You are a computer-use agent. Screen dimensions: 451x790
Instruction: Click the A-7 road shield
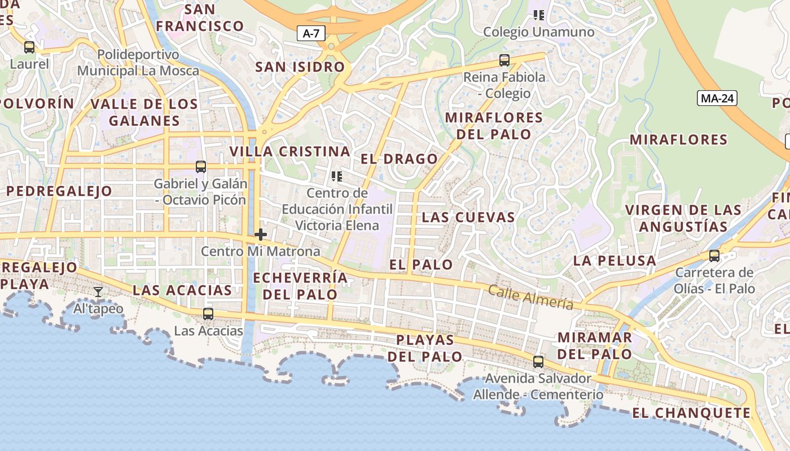point(311,33)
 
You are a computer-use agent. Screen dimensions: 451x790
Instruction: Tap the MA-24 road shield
point(717,98)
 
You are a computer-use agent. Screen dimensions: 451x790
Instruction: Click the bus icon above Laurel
point(29,47)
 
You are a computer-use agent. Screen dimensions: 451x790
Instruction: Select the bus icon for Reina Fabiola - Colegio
point(504,60)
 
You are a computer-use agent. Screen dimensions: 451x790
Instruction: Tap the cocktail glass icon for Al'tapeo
point(98,291)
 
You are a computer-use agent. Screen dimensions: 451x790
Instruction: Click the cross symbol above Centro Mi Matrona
point(261,235)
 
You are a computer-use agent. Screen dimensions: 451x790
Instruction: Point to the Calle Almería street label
point(530,297)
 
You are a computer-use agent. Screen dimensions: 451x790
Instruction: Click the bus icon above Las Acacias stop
point(208,314)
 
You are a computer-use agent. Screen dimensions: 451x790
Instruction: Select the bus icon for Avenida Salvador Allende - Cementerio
point(538,361)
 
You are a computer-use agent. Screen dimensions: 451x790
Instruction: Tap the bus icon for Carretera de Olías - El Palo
point(714,256)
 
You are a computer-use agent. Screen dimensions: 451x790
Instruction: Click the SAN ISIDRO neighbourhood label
point(300,67)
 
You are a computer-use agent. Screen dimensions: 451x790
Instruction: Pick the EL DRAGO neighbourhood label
point(399,159)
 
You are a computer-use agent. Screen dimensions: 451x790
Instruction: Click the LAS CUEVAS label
point(468,217)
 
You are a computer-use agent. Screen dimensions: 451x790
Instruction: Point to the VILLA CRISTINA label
point(290,152)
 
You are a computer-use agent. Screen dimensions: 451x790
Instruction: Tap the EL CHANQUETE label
point(691,413)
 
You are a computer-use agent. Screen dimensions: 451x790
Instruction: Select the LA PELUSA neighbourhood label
point(615,261)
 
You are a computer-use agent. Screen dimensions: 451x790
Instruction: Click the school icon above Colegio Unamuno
point(538,15)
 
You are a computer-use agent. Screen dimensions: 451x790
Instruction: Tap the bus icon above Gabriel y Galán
point(201,166)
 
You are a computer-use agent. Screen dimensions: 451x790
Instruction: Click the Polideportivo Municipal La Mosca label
point(138,63)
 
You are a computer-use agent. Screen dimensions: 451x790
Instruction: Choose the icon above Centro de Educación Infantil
point(337,176)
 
